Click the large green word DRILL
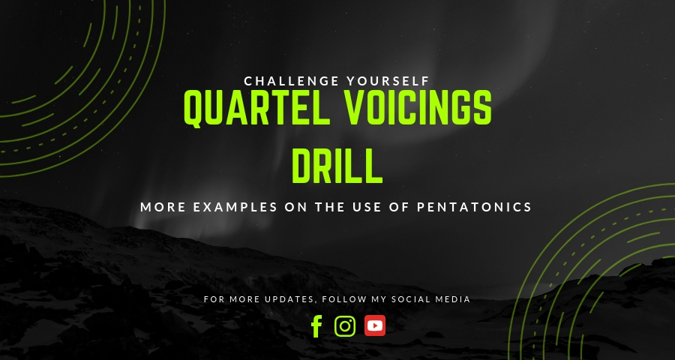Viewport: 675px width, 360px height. click(337, 166)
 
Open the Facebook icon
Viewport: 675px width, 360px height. click(316, 325)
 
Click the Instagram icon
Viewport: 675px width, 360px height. click(345, 325)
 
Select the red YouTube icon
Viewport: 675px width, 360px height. click(375, 325)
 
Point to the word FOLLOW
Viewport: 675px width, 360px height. click(345, 299)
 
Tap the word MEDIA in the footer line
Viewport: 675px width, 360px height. click(456, 299)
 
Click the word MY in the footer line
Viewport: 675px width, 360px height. click(382, 299)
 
